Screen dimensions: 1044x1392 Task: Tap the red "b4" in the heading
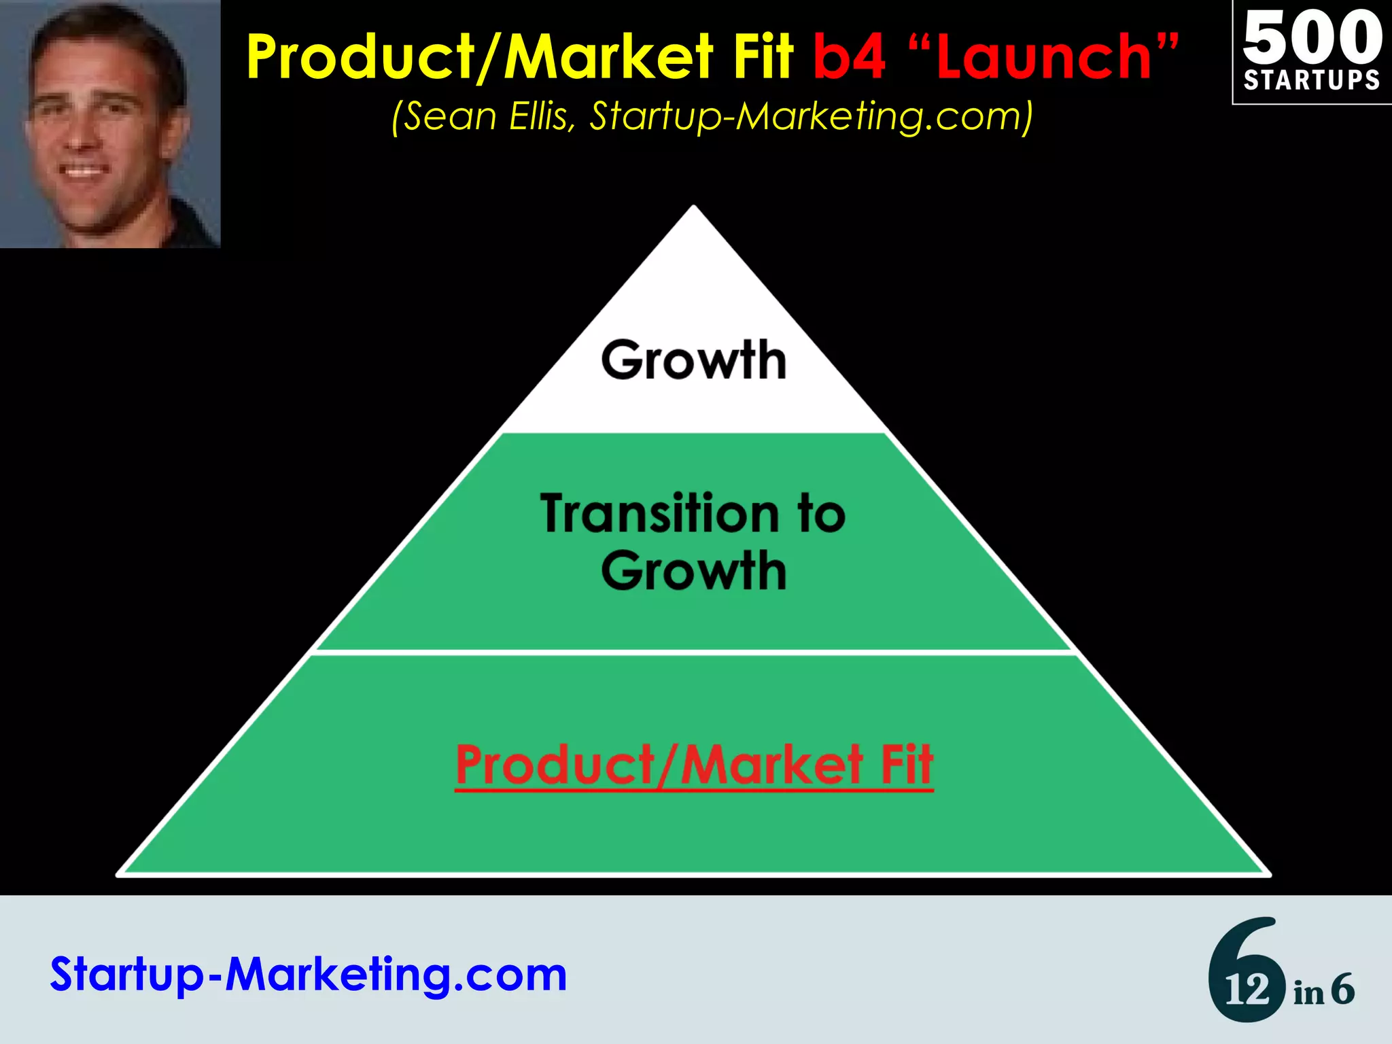pos(850,58)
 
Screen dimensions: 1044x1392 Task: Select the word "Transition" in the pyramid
pos(659,514)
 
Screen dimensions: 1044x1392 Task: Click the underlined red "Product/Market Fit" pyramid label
pos(694,765)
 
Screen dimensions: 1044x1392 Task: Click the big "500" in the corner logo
pos(1312,37)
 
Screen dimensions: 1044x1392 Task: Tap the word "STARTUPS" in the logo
pos(1312,80)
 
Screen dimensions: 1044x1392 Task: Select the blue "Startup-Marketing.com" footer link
pos(309,975)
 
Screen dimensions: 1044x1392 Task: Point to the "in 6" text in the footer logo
pos(1324,990)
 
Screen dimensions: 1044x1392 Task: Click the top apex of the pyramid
pos(693,207)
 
